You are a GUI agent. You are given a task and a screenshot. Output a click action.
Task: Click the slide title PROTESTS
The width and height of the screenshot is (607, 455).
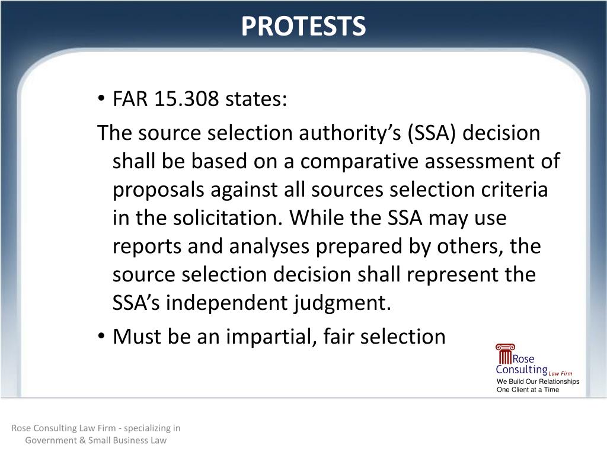[303, 26]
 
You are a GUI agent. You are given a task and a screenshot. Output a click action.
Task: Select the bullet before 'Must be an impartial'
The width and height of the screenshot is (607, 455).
[102, 337]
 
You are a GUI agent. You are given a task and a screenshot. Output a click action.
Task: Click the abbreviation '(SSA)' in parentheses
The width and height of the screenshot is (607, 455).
[432, 133]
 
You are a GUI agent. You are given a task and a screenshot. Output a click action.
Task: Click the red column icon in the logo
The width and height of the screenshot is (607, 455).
[504, 354]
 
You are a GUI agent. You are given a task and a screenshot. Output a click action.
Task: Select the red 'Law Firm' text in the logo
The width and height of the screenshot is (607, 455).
[560, 373]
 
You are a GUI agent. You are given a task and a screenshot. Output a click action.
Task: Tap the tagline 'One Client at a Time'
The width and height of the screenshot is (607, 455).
[528, 390]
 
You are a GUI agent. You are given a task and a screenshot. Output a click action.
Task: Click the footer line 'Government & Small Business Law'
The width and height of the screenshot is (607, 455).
[95, 440]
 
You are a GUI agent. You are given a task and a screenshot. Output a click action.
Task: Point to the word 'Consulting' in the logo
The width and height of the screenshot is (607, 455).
[522, 370]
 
